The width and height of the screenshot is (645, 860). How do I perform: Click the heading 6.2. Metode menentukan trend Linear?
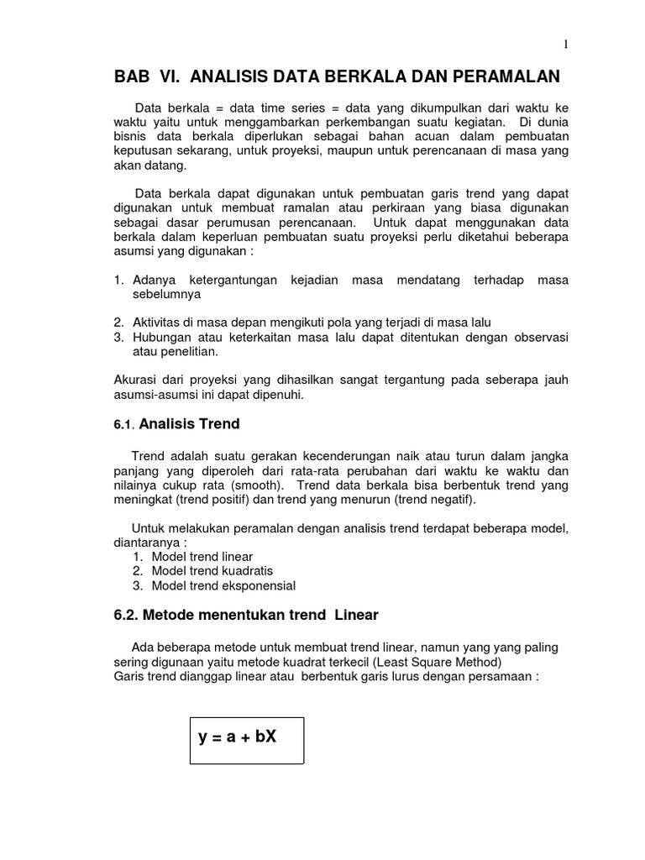tap(246, 615)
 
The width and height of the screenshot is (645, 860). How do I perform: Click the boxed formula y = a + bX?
tap(238, 737)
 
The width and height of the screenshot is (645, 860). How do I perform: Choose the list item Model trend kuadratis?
tap(207, 571)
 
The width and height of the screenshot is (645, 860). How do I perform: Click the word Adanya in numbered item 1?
tap(154, 280)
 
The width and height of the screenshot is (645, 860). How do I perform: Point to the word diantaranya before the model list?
tap(148, 542)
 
